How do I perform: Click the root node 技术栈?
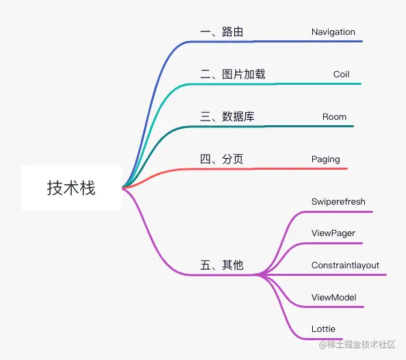pyautogui.click(x=71, y=188)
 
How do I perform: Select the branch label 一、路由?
pyautogui.click(x=221, y=32)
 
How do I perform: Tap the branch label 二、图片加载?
pyautogui.click(x=232, y=75)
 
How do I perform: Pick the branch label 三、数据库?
pyautogui.click(x=227, y=117)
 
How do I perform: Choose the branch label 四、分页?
pyautogui.click(x=221, y=159)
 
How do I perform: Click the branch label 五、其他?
pyautogui.click(x=221, y=265)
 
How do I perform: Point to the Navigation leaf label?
pyautogui.click(x=333, y=32)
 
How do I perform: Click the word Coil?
pyautogui.click(x=341, y=75)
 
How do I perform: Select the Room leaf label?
pyautogui.click(x=334, y=117)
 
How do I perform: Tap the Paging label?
pyautogui.click(x=325, y=159)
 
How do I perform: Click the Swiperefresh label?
pyautogui.click(x=338, y=202)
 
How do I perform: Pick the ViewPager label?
pyautogui.click(x=333, y=233)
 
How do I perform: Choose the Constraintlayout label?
pyautogui.click(x=345, y=266)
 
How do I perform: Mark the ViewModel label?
pyautogui.click(x=333, y=297)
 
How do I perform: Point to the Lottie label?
pyautogui.click(x=323, y=329)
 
